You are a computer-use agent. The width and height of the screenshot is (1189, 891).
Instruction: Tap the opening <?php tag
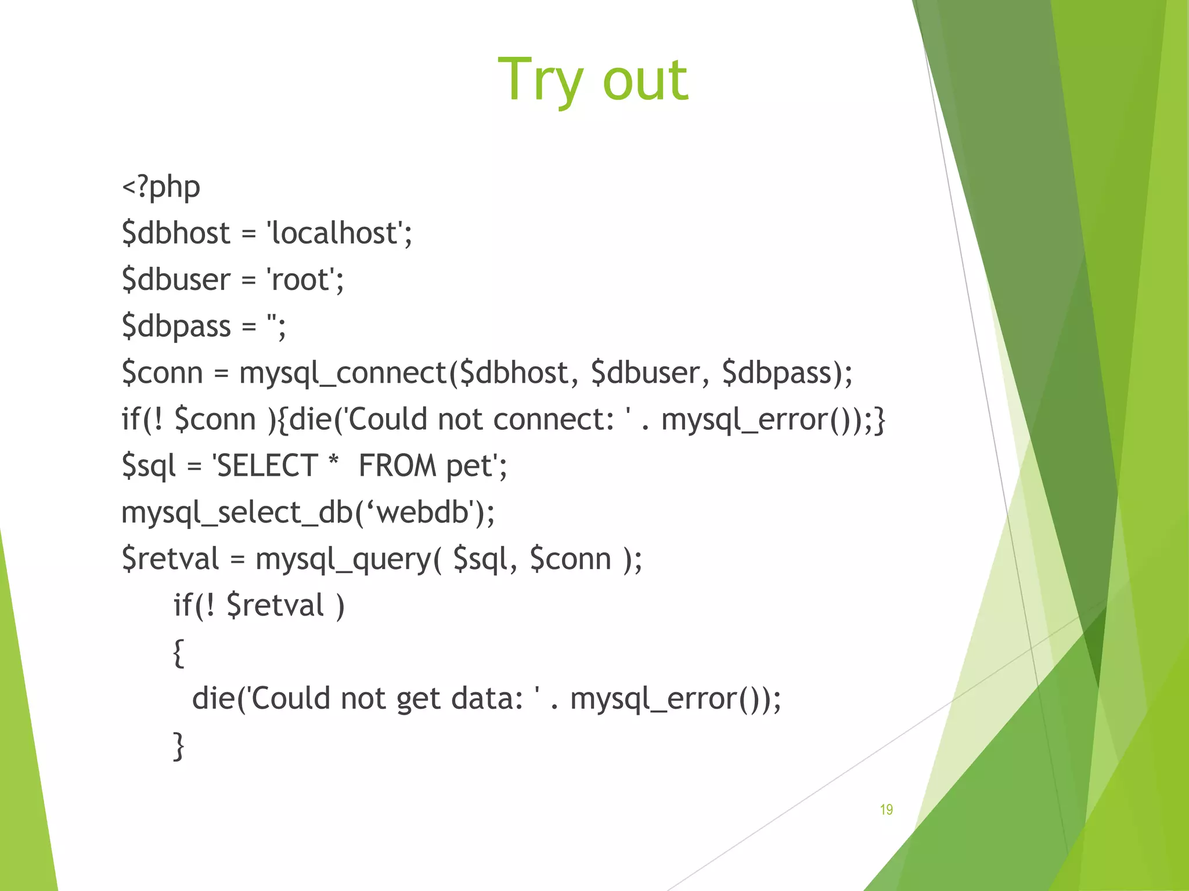click(x=161, y=187)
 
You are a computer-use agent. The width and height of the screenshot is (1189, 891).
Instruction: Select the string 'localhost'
click(x=339, y=233)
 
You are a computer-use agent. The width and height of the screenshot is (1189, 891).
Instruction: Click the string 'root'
click(x=304, y=280)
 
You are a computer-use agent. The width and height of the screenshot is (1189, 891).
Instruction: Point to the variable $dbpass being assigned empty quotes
click(x=176, y=326)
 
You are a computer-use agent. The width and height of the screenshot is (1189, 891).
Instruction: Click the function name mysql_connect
click(x=343, y=373)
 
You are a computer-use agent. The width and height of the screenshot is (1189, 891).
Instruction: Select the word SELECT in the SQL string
click(x=266, y=466)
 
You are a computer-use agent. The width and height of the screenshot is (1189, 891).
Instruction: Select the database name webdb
click(x=423, y=512)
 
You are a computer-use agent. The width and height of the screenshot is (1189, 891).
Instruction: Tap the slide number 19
click(x=886, y=809)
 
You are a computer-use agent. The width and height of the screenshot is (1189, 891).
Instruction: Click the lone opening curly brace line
click(x=179, y=653)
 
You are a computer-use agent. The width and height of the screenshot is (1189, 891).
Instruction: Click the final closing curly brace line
click(x=179, y=746)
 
